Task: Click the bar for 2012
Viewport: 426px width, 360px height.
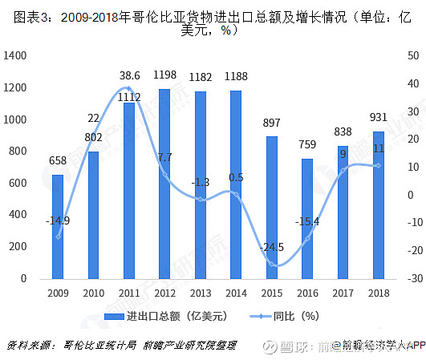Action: coord(164,184)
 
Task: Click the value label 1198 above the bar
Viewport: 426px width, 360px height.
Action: coord(164,75)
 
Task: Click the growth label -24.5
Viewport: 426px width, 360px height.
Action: coord(273,248)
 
